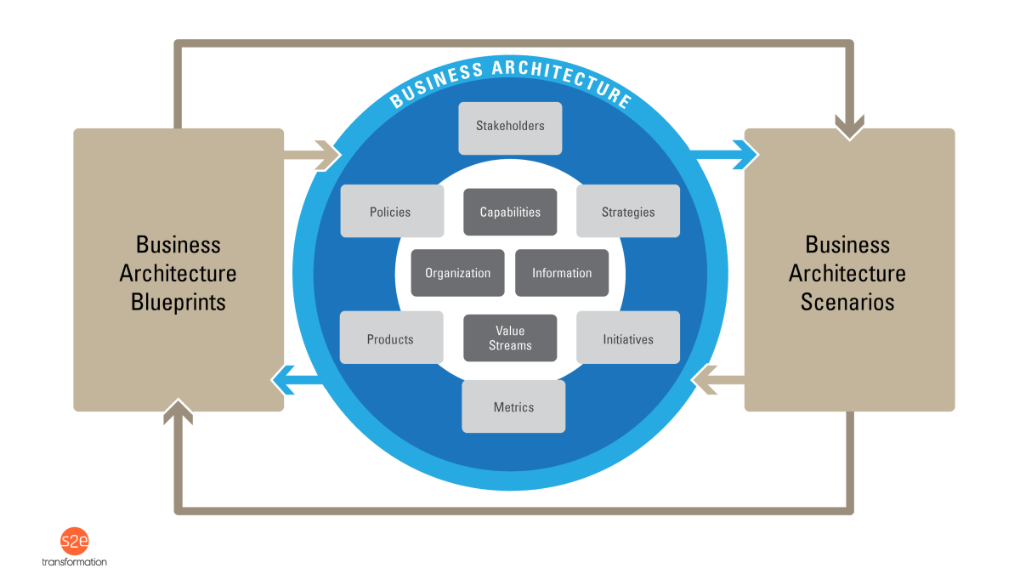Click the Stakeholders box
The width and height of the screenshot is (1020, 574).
pos(510,128)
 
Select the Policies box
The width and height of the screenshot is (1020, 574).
pos(392,211)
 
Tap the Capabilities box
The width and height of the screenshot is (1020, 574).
pos(510,212)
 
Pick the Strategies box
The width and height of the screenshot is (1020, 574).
pos(628,211)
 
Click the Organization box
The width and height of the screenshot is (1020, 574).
pos(458,273)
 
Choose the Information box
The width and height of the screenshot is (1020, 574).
pos(562,273)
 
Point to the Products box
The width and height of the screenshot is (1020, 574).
pos(391,338)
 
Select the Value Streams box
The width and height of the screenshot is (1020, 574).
pos(510,338)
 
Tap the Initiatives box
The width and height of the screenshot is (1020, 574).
pos(628,338)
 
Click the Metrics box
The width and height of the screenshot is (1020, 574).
pos(513,406)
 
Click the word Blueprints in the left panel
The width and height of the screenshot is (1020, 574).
pos(178,302)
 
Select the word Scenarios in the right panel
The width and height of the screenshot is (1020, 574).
pos(847,302)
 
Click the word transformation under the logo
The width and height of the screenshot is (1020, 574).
pos(75,562)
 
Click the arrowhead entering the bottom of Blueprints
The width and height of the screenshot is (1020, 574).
pos(178,412)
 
